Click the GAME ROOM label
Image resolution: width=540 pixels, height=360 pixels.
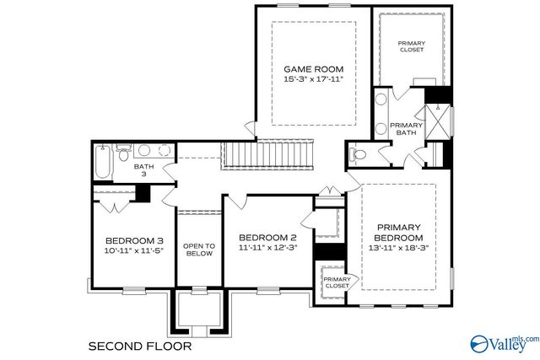(x=313, y=68)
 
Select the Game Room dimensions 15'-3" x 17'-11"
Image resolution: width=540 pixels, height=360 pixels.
(x=313, y=79)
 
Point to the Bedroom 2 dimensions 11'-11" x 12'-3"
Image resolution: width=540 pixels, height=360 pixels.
(x=267, y=249)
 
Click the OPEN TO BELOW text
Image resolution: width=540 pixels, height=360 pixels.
(x=199, y=249)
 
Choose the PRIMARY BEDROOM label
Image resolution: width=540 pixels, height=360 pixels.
(x=399, y=232)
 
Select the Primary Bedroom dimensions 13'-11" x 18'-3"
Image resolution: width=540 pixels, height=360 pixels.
(x=399, y=249)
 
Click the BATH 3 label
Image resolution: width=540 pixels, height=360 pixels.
(x=143, y=170)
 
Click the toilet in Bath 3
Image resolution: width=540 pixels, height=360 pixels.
(x=123, y=152)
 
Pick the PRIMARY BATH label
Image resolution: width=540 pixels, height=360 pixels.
(x=406, y=128)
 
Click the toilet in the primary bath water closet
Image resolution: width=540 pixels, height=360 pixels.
(x=358, y=155)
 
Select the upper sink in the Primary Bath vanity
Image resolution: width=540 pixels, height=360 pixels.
(x=381, y=99)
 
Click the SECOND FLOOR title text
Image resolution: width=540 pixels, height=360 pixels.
(x=140, y=346)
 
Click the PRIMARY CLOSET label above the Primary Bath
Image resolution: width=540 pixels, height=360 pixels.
(x=412, y=46)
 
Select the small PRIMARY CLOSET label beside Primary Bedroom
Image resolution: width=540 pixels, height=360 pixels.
(x=337, y=282)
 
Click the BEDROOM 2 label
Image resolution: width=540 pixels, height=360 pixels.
(x=267, y=237)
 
